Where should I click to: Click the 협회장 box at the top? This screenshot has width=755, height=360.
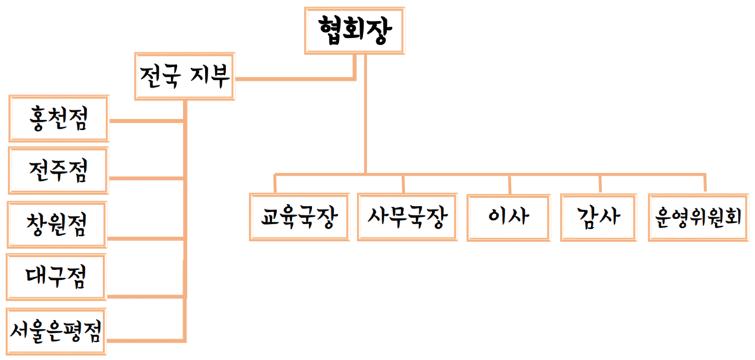click(x=353, y=30)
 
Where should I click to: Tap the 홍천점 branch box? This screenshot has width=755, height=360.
click(x=59, y=119)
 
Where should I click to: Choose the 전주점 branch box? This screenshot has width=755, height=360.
click(x=59, y=170)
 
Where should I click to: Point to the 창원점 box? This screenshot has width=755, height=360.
click(x=57, y=224)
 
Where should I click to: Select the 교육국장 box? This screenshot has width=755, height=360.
click(x=299, y=217)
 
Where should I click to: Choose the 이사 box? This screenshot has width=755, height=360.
click(x=509, y=217)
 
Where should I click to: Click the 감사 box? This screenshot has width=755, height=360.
click(x=600, y=217)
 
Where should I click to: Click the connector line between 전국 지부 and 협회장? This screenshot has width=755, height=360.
click(x=293, y=79)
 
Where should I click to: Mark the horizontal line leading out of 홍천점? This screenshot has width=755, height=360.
click(x=147, y=120)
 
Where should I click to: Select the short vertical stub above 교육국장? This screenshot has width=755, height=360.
click(x=275, y=183)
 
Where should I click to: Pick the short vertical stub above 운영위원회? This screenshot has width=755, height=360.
click(x=705, y=183)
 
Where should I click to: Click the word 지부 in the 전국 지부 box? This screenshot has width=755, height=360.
click(x=210, y=78)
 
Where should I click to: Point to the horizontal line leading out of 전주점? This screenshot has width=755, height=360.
click(x=147, y=175)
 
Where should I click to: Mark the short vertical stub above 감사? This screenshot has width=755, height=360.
click(x=600, y=183)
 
